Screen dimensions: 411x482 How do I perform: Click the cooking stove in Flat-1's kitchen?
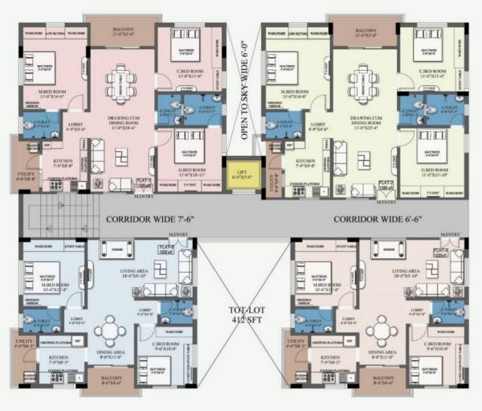[x=57, y=186]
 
